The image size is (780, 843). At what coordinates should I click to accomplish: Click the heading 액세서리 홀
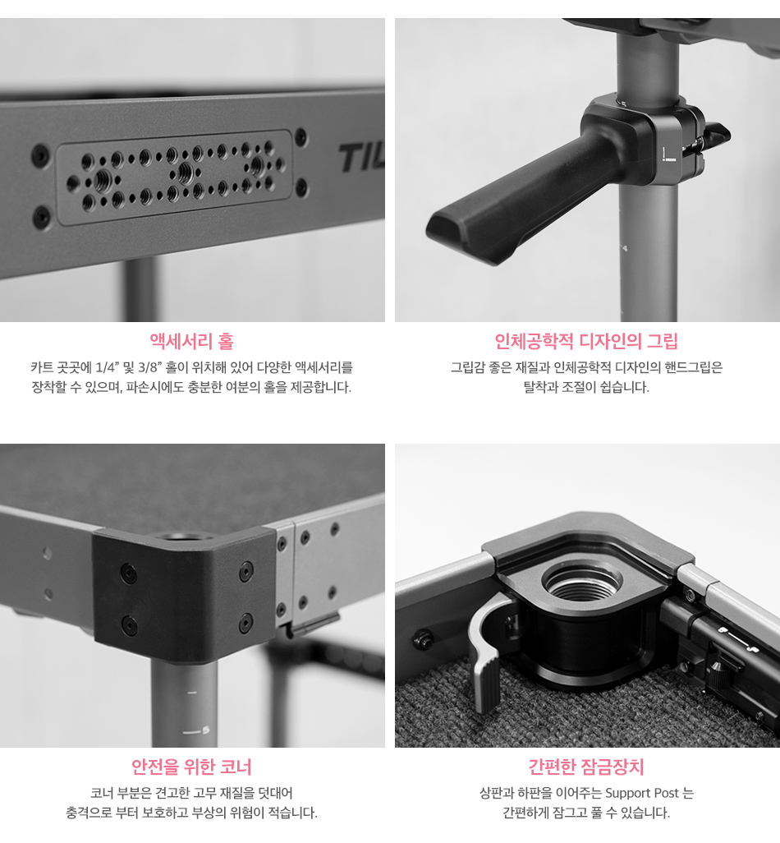pyautogui.click(x=192, y=342)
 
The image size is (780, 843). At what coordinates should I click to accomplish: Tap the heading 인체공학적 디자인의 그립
pyautogui.click(x=586, y=342)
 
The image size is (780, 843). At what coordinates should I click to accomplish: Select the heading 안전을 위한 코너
pyautogui.click(x=192, y=767)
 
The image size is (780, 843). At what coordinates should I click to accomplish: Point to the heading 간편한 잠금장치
pyautogui.click(x=586, y=767)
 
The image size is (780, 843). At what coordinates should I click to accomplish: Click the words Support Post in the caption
pyautogui.click(x=642, y=793)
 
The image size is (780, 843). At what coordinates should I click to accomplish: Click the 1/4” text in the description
pyautogui.click(x=107, y=367)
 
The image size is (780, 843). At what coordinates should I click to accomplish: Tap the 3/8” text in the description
pyautogui.click(x=150, y=367)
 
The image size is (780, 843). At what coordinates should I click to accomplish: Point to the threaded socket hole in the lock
pyautogui.click(x=583, y=584)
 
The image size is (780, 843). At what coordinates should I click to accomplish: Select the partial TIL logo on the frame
pyautogui.click(x=361, y=158)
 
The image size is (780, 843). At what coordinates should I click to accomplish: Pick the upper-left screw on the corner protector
pyautogui.click(x=128, y=574)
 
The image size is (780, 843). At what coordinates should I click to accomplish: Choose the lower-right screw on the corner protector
pyautogui.click(x=246, y=622)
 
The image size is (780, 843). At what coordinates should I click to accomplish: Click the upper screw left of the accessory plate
pyautogui.click(x=40, y=154)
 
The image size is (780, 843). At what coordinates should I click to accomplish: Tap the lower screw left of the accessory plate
pyautogui.click(x=41, y=216)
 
